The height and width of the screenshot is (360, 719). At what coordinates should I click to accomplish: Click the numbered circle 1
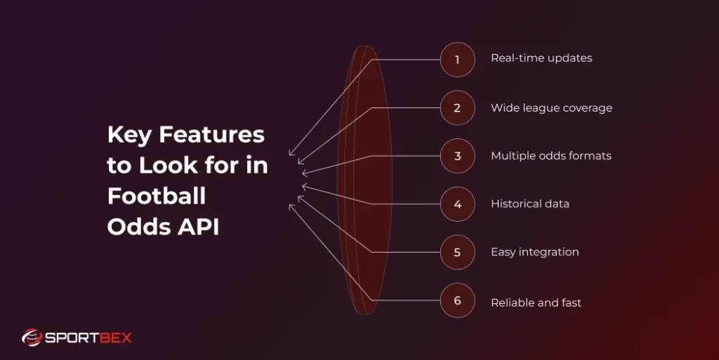pos(457,60)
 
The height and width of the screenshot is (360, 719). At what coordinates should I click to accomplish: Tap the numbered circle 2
pos(457,108)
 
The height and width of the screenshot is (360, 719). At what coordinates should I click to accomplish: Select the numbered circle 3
pos(457,156)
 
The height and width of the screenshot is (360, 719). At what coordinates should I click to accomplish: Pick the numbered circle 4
pos(457,204)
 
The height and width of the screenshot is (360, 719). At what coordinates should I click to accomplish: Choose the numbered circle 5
pos(457,252)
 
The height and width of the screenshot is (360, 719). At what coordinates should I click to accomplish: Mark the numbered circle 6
pos(457,300)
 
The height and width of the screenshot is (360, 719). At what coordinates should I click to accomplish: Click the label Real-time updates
pos(541,58)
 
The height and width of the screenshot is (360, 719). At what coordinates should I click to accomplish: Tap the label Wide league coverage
pos(551,108)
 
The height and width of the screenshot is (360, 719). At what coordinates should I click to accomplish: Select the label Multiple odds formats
pos(551,156)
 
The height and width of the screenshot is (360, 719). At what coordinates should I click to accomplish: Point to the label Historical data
pos(530,204)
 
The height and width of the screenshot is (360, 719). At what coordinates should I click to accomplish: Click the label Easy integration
pos(535,252)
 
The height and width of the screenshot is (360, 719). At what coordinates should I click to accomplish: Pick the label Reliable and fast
pos(536,303)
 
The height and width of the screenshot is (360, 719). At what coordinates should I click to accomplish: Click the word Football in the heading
pos(157,196)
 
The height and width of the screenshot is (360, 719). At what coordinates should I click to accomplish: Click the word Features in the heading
pos(211,134)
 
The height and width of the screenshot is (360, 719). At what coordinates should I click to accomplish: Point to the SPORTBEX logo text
pos(88,338)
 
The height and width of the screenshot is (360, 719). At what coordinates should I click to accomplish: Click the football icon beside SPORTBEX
pos(32,338)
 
